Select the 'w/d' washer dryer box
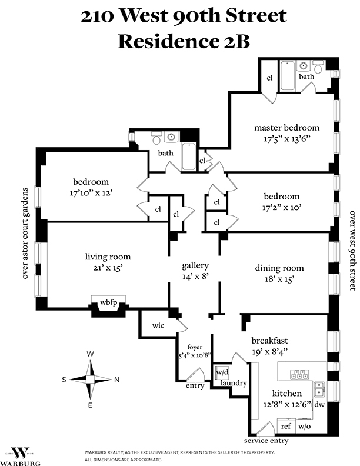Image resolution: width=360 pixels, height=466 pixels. click(x=222, y=372)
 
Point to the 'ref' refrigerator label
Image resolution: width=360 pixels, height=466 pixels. click(x=286, y=427)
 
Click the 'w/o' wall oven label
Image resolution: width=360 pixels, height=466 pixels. click(x=304, y=427)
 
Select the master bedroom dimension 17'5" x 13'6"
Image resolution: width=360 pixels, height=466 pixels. click(x=286, y=140)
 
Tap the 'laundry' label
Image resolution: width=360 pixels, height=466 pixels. click(x=233, y=384)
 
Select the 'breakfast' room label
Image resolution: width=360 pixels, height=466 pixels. click(x=271, y=340)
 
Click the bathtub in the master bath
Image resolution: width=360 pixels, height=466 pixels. click(x=287, y=76)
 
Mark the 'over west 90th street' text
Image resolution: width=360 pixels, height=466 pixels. click(x=353, y=251)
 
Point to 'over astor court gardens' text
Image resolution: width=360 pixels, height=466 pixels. click(x=25, y=233)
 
